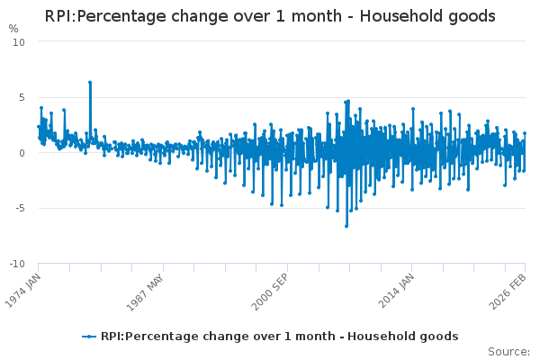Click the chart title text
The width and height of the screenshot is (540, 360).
point(270,16)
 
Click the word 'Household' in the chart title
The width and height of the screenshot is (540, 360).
point(400,16)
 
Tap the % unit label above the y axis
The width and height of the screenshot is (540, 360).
point(13,29)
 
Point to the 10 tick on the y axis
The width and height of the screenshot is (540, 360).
point(19,42)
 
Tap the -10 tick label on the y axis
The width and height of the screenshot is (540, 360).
point(17,265)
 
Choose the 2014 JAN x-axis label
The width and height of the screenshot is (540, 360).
point(397,290)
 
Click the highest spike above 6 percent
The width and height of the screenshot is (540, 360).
point(90,82)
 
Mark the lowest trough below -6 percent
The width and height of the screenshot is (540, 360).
point(346,226)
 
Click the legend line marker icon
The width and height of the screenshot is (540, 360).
point(88,337)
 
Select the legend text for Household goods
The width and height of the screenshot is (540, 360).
point(279,337)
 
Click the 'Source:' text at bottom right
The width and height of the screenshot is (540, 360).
point(508,351)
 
